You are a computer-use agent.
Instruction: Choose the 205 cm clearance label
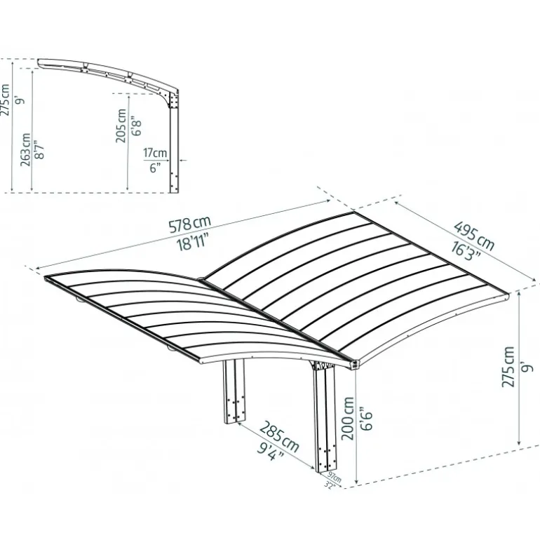pos(122,126)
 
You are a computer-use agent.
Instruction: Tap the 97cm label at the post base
pos(332,478)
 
